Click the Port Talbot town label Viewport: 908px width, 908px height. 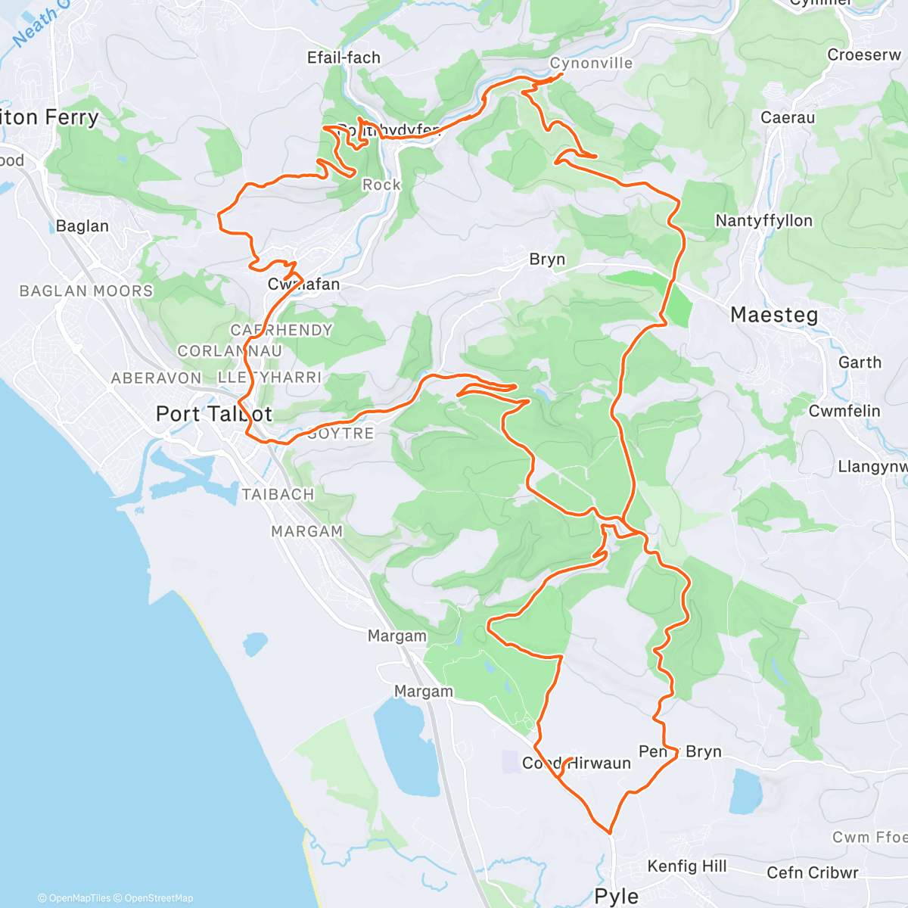pos(213,414)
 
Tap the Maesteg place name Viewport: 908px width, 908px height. pos(774,315)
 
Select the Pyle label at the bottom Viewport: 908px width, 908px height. pos(617,897)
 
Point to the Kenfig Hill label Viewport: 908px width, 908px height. pos(687,866)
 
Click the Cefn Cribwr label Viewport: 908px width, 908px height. pos(813,872)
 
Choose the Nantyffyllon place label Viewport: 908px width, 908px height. pos(764,221)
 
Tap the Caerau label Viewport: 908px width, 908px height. pos(788,118)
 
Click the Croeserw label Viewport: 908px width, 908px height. pos(864,55)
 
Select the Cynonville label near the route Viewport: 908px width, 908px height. pos(591,64)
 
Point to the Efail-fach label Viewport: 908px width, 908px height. pos(344,58)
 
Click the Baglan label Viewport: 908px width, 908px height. pos(82,226)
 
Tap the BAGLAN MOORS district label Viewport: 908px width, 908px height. pos(86,291)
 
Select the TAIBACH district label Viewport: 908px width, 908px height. pos(278,495)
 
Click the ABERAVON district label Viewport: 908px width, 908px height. pos(157,378)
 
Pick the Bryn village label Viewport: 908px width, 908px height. pos(547,260)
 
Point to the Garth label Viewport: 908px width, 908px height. pos(860,363)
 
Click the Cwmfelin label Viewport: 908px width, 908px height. pos(844,412)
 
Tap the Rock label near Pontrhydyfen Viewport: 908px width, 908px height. pos(381,185)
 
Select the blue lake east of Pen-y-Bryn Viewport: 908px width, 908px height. pos(746,791)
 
